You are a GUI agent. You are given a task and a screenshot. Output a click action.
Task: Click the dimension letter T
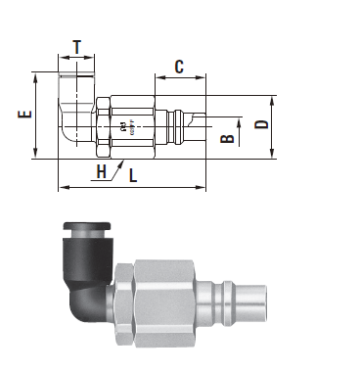click(x=77, y=46)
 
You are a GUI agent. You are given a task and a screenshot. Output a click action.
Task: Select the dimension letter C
click(x=180, y=67)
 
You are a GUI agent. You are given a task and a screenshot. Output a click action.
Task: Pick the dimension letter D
click(x=261, y=124)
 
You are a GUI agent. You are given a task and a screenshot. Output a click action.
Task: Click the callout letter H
click(x=102, y=172)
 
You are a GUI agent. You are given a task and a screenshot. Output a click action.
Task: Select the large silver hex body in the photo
click(x=161, y=300)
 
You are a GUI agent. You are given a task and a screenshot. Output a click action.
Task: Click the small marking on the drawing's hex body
click(x=122, y=125)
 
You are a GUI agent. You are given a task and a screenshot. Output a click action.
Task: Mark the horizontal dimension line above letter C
click(x=180, y=78)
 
